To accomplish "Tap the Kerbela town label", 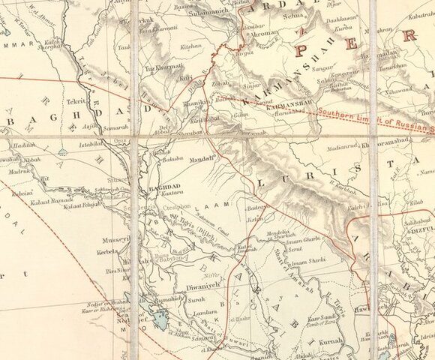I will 109,255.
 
